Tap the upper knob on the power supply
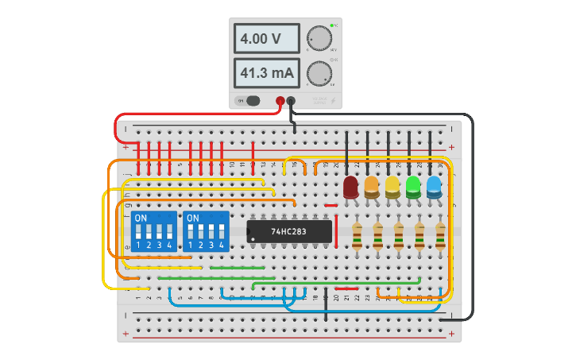[x=319, y=38]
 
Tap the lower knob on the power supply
[x=319, y=73]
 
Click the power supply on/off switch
[x=251, y=101]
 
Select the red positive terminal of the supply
[x=280, y=101]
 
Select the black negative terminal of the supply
[x=291, y=101]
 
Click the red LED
[x=350, y=188]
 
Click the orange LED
[x=371, y=188]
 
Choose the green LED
[x=413, y=188]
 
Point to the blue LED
[x=434, y=188]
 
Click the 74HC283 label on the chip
[x=288, y=231]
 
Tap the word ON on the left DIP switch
[x=141, y=218]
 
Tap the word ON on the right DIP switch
[x=193, y=218]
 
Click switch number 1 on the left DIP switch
[x=138, y=233]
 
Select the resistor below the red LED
[x=357, y=235]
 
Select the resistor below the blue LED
[x=440, y=235]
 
